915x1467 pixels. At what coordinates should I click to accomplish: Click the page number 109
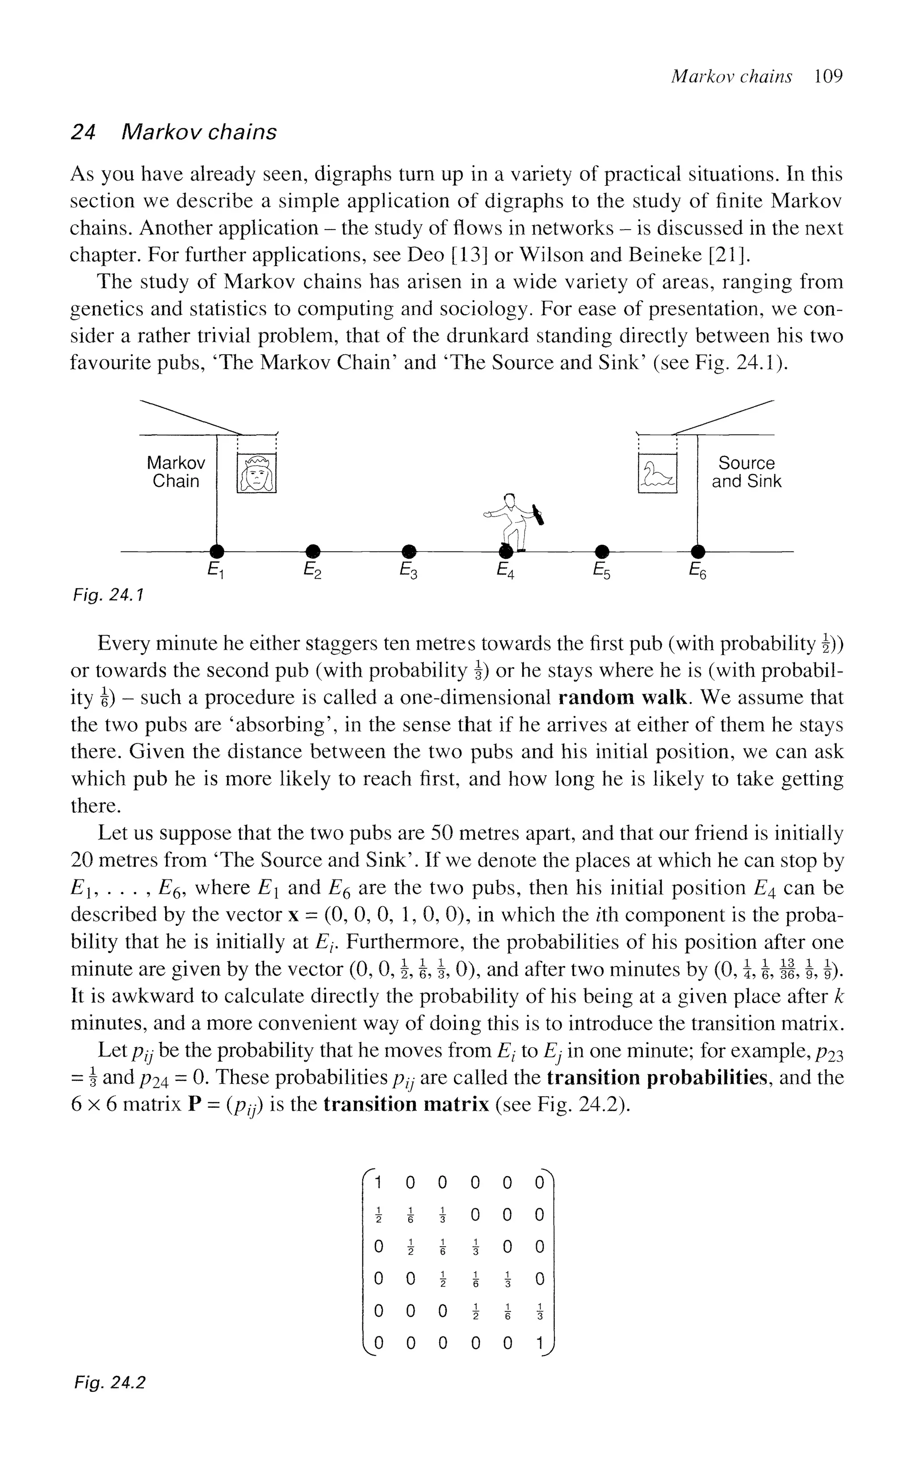(x=828, y=76)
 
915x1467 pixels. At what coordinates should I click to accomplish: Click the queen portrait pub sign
(x=256, y=474)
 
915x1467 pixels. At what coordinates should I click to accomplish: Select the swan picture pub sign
(x=657, y=474)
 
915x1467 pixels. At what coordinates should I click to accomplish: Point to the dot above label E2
(x=312, y=551)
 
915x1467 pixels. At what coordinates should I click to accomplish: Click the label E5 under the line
(x=601, y=570)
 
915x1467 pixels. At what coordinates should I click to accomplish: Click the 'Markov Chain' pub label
(x=176, y=472)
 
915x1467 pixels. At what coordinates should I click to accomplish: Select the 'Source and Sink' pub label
(x=746, y=472)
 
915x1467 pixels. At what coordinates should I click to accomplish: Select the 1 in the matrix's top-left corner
(x=378, y=1181)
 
